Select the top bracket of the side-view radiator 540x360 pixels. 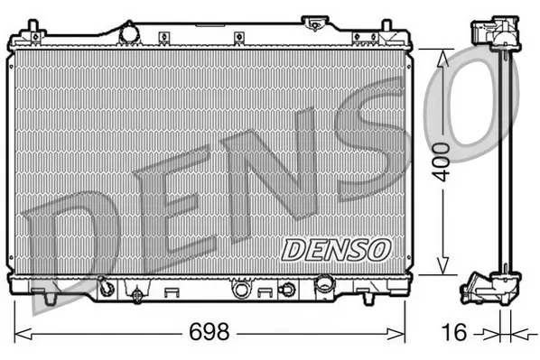click(x=494, y=32)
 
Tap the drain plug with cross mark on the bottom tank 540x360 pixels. click(x=136, y=293)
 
